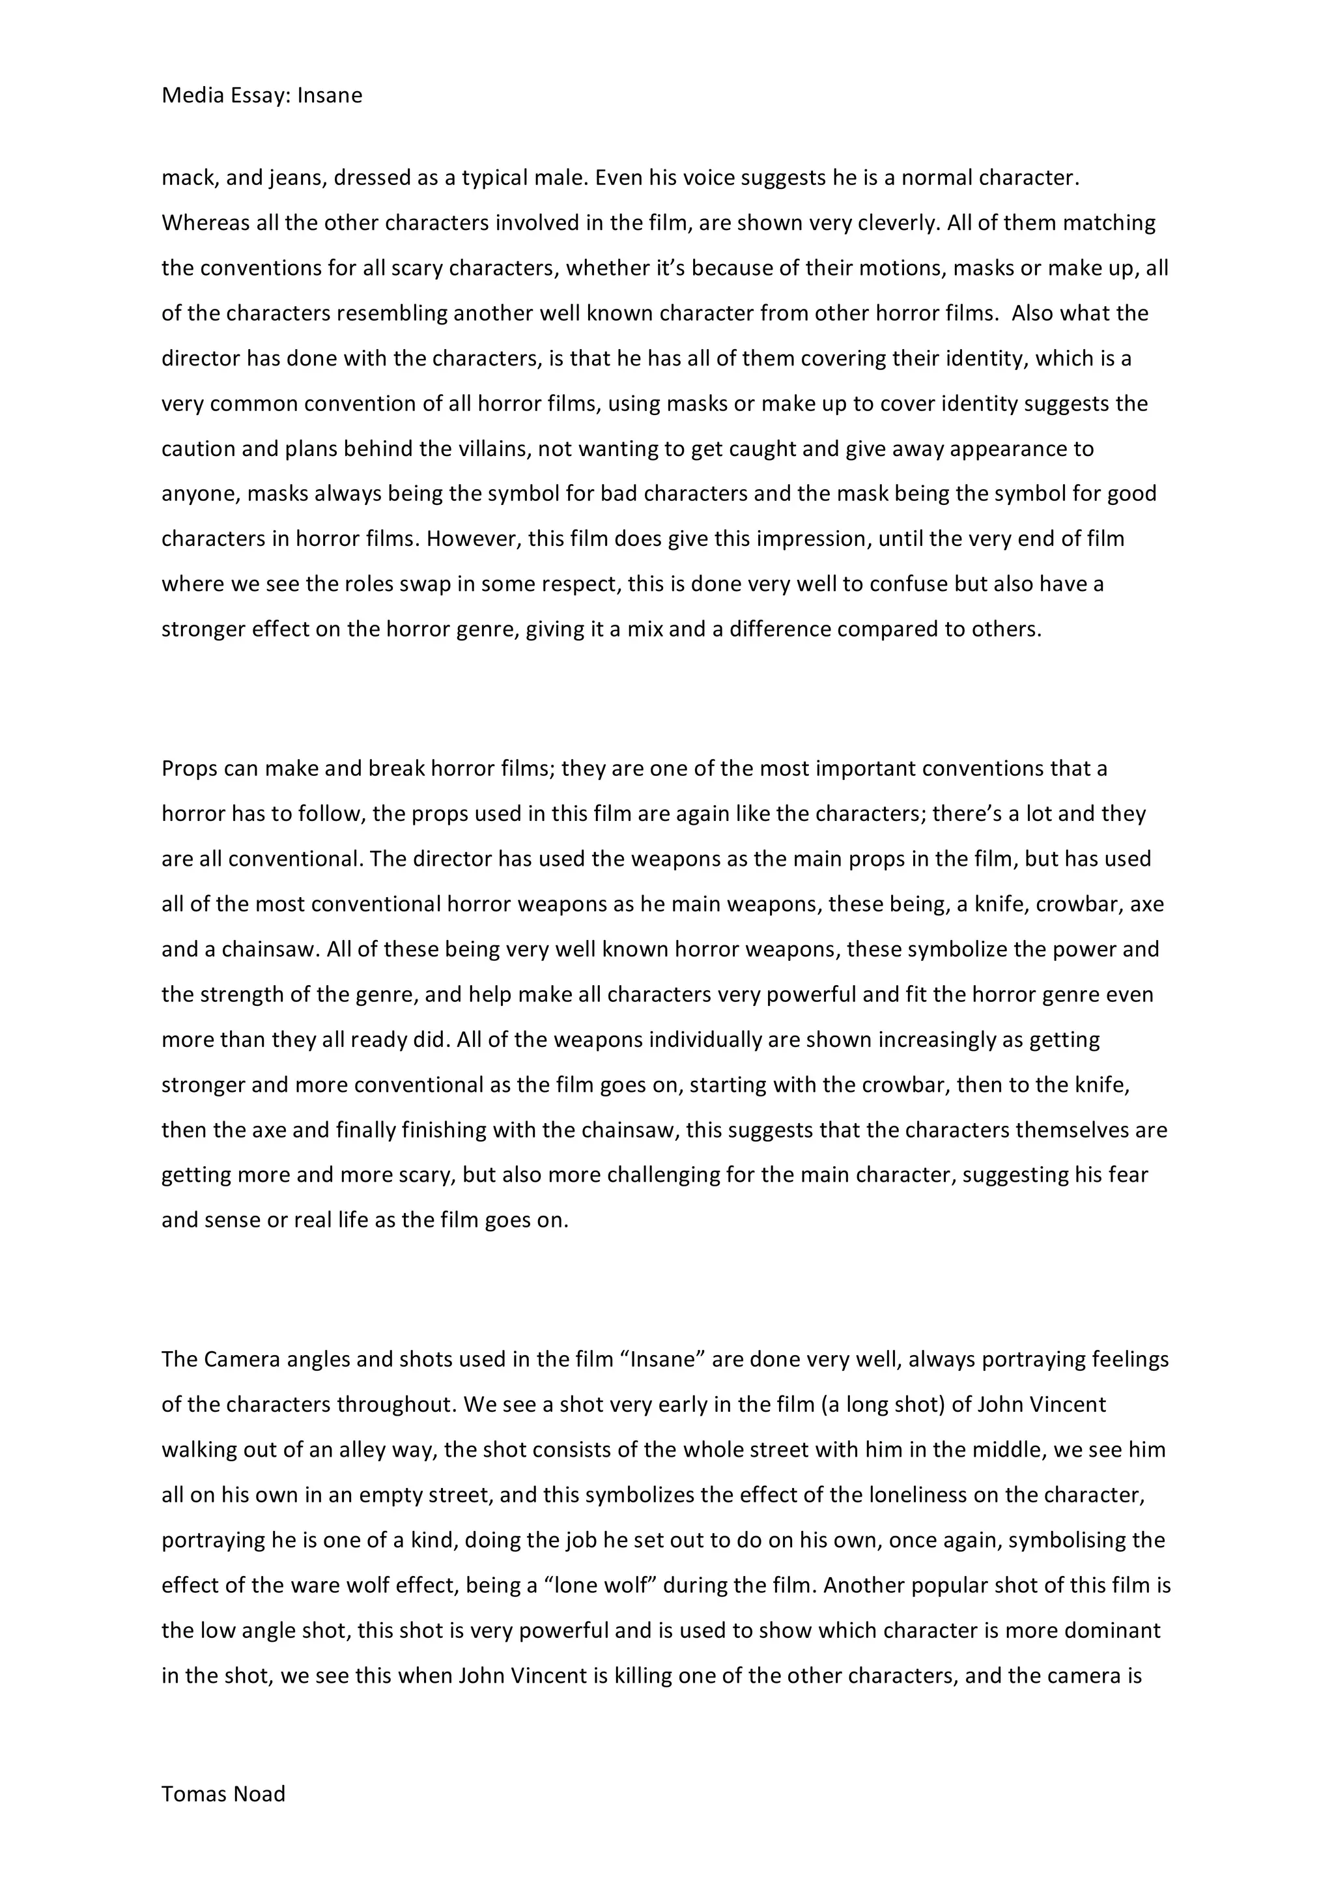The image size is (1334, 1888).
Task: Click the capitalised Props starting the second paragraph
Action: (x=189, y=769)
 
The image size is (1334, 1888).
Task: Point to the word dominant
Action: (x=1113, y=1631)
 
